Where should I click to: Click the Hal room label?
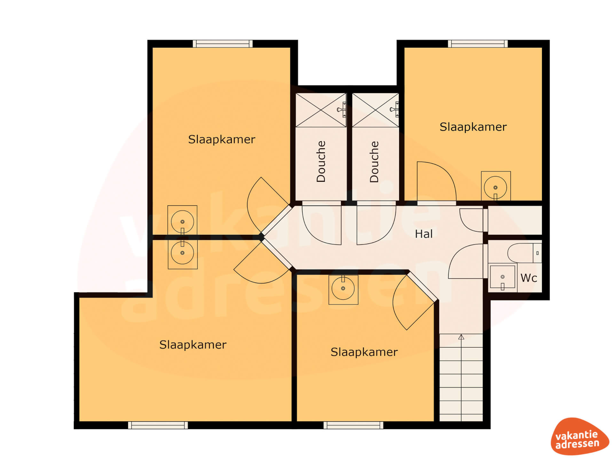424,234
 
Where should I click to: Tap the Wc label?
529,278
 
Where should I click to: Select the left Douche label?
321,162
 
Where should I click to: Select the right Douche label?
374,162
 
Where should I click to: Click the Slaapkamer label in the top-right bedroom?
473,127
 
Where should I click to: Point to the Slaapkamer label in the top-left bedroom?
222,139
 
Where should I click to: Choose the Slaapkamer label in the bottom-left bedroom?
193,345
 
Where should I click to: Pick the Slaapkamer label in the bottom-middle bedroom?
364,352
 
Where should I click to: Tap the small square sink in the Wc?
502,277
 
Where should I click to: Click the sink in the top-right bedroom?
496,187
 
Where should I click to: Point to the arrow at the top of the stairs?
461,337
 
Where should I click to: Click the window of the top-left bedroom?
223,44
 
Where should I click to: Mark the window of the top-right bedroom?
478,44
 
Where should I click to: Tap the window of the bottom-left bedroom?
158,425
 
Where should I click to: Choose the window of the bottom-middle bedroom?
353,425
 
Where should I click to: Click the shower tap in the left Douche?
342,110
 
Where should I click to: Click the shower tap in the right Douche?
395,110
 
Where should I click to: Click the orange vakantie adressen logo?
579,436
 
